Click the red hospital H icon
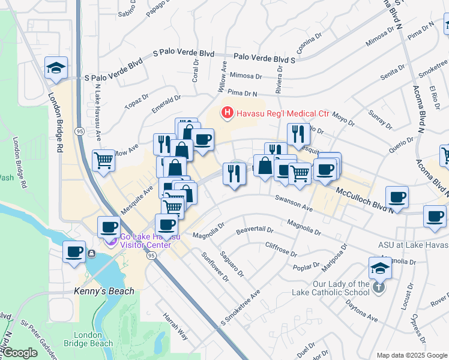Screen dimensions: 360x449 point(228,112)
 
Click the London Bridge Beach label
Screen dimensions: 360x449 point(92,339)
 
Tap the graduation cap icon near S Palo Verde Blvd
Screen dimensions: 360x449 point(56,68)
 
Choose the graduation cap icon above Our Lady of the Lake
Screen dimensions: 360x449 point(380,269)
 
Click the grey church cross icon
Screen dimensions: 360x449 point(378,287)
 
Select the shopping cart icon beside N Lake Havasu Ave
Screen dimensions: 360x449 point(104,161)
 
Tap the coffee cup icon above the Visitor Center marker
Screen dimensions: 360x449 point(110,226)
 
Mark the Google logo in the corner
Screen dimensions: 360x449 point(20,353)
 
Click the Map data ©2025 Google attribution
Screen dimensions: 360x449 point(411,355)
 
